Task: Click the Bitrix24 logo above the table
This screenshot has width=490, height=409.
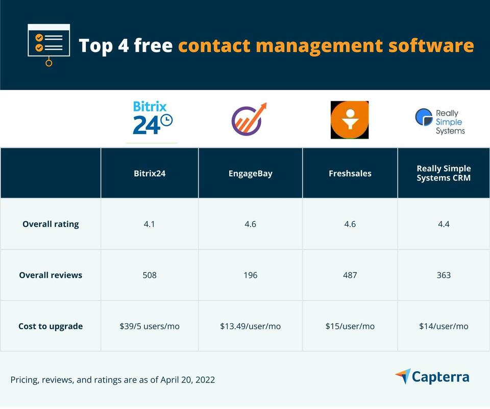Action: (x=152, y=119)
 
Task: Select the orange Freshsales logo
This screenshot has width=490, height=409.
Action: (x=350, y=120)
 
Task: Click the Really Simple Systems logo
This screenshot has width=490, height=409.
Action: (x=440, y=121)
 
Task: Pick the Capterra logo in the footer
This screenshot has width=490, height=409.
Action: (x=432, y=377)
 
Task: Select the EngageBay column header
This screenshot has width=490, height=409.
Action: (x=250, y=173)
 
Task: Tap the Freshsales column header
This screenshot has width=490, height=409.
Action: (x=350, y=173)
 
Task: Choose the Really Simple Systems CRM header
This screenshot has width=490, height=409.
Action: (x=444, y=173)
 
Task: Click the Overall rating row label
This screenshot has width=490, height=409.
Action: (x=51, y=224)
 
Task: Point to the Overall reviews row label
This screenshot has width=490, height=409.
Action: (x=51, y=275)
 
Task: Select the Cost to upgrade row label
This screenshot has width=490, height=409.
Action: (x=51, y=326)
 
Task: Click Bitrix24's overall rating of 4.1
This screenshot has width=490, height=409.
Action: (x=150, y=224)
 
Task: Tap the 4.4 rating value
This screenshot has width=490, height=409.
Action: (x=444, y=224)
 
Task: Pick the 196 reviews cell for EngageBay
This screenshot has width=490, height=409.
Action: (x=250, y=275)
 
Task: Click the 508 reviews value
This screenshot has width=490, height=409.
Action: (x=150, y=275)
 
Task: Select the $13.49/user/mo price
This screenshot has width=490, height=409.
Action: (x=250, y=326)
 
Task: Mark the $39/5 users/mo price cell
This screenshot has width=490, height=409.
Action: (x=150, y=326)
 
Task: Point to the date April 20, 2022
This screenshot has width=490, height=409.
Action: (x=187, y=380)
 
